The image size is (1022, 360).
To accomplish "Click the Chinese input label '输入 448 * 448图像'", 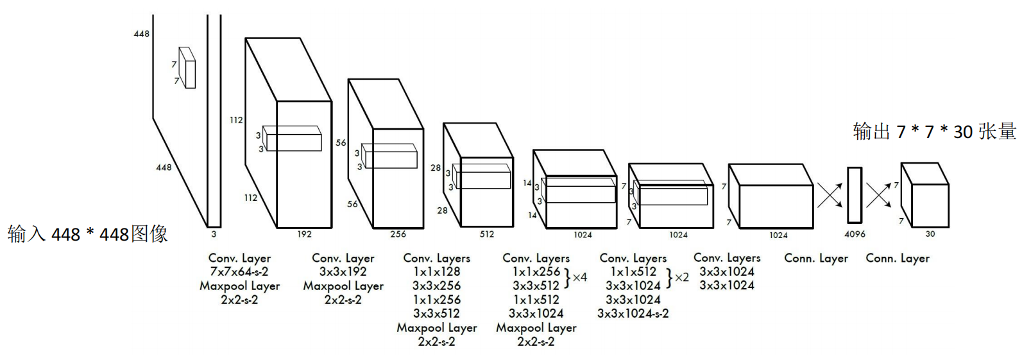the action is (88, 234).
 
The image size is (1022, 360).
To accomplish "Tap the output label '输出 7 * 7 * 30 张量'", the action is (934, 132).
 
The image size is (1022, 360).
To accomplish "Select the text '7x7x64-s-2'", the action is (239, 272).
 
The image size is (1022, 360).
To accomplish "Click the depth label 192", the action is (304, 234).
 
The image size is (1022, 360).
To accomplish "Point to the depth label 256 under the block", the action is (398, 234).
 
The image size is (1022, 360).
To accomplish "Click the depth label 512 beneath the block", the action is (487, 234).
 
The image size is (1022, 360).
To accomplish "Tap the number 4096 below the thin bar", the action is (855, 234).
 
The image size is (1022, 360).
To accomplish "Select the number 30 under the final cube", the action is (930, 234).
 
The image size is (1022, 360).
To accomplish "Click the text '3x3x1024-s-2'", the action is (633, 314).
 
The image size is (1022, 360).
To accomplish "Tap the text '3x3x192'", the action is (343, 272).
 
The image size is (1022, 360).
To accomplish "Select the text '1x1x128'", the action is (436, 272).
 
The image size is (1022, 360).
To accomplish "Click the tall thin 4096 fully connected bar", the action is (855, 194).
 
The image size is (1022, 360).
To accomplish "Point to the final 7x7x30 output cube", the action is (926, 196).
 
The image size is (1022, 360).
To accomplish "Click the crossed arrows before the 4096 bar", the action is (830, 195).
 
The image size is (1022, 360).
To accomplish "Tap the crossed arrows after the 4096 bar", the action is (879, 195).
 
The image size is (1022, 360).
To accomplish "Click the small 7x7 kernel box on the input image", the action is (187, 67).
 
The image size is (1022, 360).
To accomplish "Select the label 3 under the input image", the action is (214, 234).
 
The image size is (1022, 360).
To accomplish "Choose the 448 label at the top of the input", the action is (141, 34).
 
